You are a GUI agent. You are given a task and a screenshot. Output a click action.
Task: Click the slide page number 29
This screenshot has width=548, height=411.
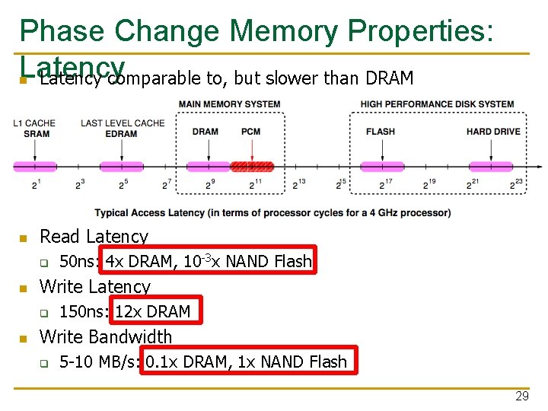click(x=521, y=397)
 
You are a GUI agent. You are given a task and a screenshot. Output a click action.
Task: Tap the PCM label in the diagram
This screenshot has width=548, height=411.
click(x=250, y=132)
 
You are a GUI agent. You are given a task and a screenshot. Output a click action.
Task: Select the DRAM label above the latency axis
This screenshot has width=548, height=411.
click(x=205, y=132)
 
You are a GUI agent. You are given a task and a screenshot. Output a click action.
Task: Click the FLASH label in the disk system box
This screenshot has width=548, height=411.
click(x=381, y=132)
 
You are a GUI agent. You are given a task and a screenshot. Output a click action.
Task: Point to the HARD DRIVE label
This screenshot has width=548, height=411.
click(x=493, y=132)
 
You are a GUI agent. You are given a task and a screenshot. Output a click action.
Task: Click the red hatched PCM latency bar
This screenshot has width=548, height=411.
click(x=252, y=166)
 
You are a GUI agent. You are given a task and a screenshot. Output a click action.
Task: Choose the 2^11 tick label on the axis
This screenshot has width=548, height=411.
click(x=255, y=183)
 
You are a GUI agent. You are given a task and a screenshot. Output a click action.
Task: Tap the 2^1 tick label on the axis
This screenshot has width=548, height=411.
click(x=36, y=183)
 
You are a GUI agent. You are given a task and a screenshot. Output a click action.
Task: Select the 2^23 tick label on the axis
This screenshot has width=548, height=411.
click(x=518, y=183)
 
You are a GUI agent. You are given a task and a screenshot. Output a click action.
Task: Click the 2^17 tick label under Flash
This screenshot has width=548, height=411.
click(x=386, y=183)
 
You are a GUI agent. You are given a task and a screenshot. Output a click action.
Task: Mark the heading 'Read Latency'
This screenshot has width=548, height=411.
click(x=94, y=237)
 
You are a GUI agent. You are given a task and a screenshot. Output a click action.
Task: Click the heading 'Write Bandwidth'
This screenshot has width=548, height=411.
click(x=106, y=336)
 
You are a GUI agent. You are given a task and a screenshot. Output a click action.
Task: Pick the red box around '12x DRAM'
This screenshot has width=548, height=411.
click(x=152, y=311)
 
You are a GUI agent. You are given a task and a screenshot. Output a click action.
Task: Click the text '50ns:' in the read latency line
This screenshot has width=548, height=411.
click(x=80, y=262)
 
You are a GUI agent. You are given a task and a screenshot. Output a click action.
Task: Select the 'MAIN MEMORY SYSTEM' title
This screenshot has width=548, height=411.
click(x=230, y=104)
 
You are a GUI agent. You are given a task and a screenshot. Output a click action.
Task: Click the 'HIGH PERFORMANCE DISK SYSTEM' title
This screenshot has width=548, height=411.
click(x=437, y=104)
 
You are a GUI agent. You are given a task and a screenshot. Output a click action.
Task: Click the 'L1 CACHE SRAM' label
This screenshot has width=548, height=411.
click(x=35, y=128)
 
